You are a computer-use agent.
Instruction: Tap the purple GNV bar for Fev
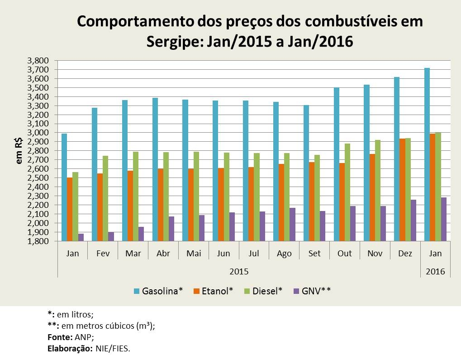coord(111,236)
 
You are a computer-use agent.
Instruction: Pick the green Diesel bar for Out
coord(347,192)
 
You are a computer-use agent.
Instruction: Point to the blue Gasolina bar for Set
coord(306,173)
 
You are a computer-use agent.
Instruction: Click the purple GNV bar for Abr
coord(172,229)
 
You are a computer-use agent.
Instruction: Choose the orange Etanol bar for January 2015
coord(69,209)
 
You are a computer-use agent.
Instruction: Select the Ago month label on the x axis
coord(284,254)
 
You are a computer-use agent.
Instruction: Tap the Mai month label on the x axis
coord(194,254)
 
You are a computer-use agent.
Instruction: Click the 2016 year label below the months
coord(435,272)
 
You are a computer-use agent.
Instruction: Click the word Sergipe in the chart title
coord(174,42)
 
